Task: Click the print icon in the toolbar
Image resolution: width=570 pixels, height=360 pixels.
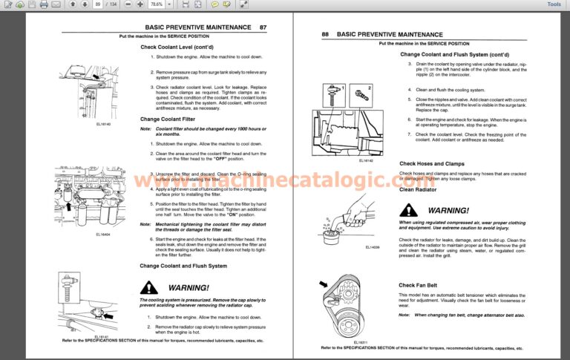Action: [x=45, y=4]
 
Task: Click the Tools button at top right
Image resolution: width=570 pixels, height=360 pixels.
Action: [x=554, y=4]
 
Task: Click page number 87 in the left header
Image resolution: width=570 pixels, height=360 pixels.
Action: [x=263, y=27]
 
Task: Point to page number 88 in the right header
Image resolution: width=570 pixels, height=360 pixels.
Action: [x=325, y=34]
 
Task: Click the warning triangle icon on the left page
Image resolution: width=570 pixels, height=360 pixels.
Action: [x=151, y=287]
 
